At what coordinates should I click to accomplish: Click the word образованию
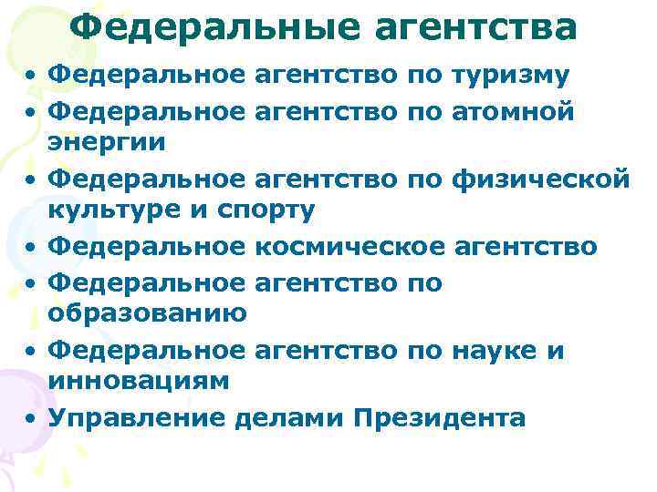(147, 313)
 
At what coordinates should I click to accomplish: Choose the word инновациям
(138, 382)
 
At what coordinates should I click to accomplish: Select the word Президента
(438, 418)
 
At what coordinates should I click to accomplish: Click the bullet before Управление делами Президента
(32, 418)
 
